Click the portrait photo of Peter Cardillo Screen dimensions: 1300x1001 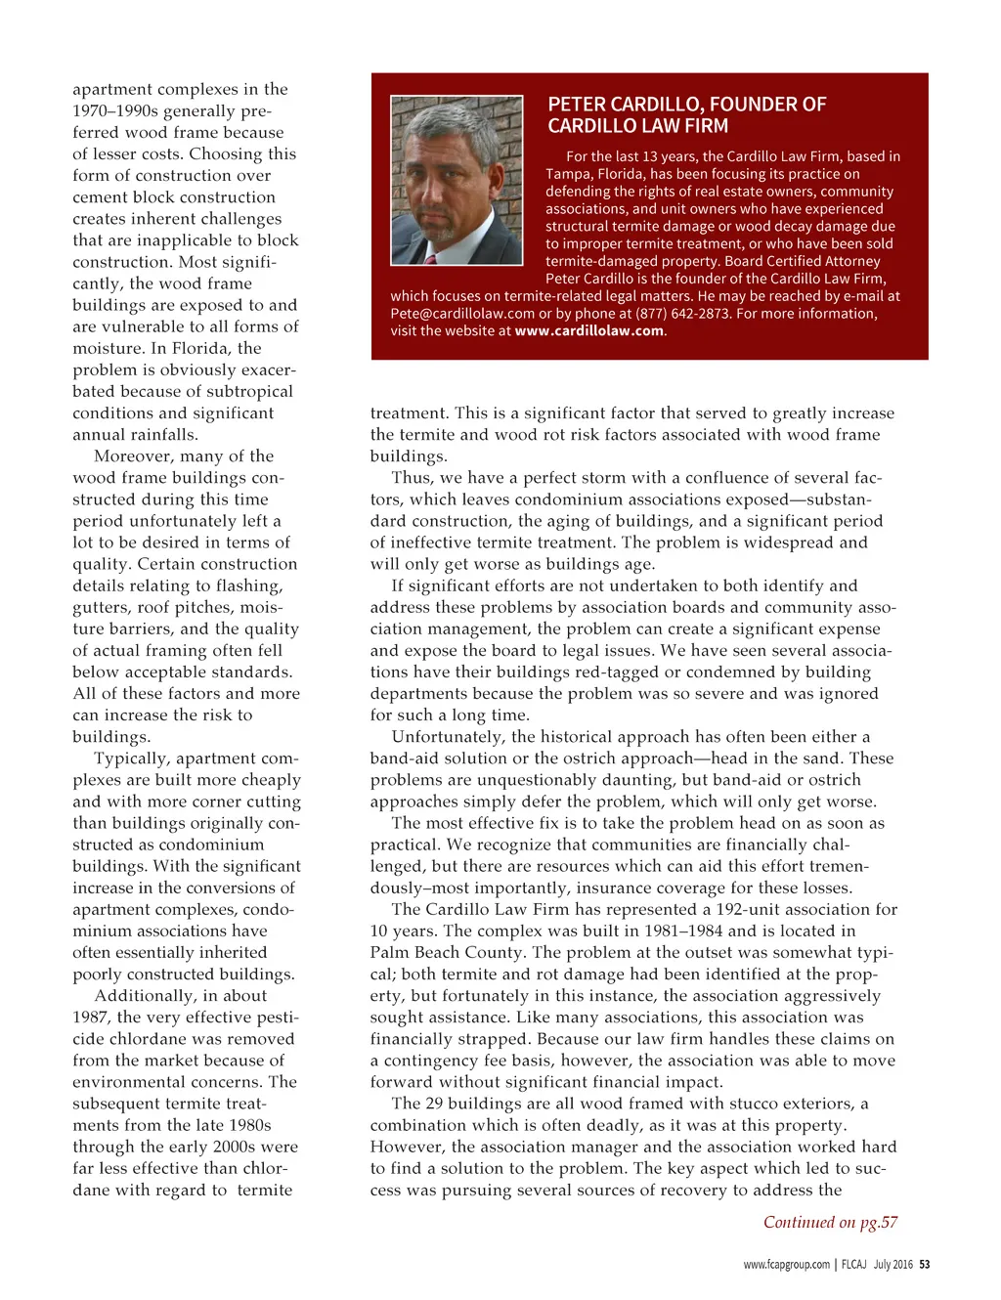tap(457, 180)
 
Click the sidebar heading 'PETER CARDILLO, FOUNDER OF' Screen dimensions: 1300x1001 tap(686, 105)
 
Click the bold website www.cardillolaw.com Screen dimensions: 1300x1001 tap(589, 331)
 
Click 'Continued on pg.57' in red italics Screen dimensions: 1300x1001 tap(830, 1223)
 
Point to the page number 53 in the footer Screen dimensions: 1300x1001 tap(924, 1265)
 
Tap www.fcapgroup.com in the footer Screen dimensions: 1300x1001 tap(786, 1265)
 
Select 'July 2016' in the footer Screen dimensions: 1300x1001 tap(892, 1265)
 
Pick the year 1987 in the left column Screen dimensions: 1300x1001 tap(91, 1018)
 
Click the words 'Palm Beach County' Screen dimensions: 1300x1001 tap(446, 953)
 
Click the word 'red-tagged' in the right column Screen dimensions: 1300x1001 tap(678, 672)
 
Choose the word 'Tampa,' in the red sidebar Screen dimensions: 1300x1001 tap(569, 174)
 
